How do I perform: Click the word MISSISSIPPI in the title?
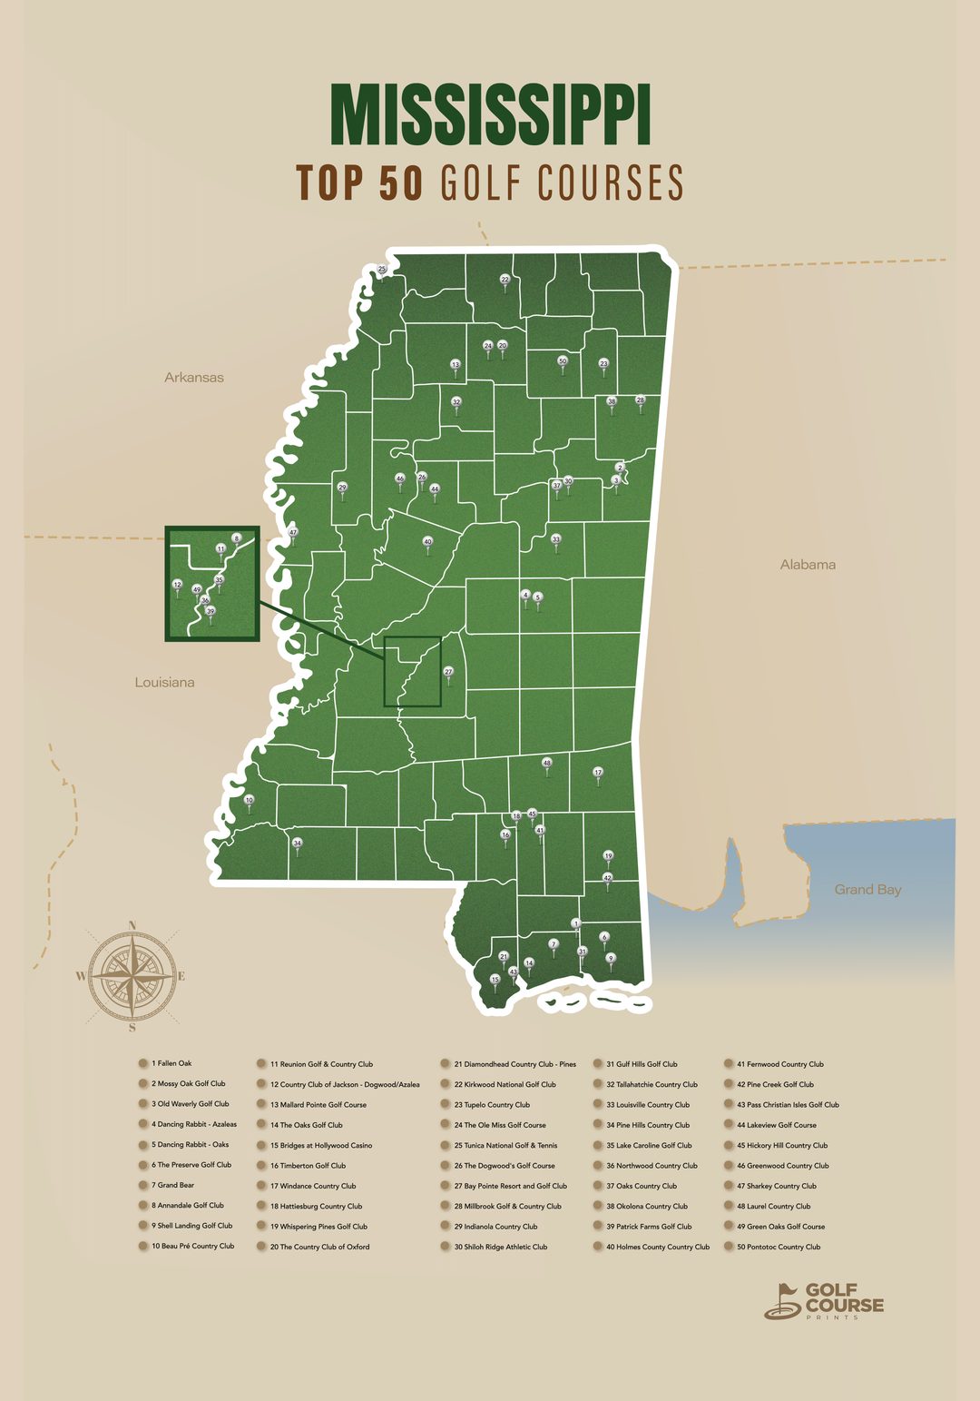490,115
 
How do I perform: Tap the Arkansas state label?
193,378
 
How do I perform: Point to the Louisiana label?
164,683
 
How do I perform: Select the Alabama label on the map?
808,565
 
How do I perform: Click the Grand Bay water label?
867,890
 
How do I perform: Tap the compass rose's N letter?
132,926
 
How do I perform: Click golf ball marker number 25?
382,270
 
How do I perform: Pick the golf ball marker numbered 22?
505,280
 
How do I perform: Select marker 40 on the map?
428,542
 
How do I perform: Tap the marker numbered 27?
448,672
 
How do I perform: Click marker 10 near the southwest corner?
250,800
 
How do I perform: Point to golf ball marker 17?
598,773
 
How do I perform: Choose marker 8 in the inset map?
236,538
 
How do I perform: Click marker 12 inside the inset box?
177,585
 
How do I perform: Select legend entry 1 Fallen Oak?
171,1063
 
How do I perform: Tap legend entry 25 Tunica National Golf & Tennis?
505,1146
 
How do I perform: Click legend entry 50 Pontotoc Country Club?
778,1247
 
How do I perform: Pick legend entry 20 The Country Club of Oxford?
318,1247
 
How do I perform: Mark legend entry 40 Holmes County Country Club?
657,1247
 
